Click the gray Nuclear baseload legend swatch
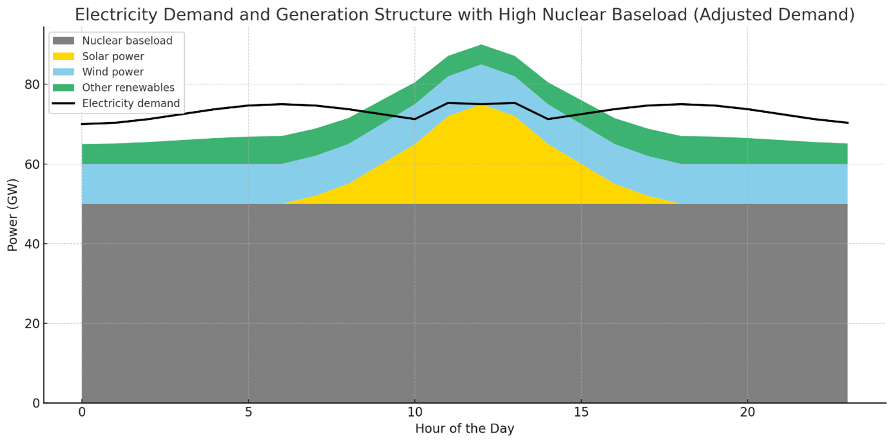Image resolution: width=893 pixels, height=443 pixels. coord(63,41)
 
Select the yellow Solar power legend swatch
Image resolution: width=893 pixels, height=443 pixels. coord(63,57)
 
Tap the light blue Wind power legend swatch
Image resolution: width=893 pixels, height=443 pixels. coord(63,72)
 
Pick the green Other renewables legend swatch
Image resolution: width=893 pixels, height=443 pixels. coord(63,88)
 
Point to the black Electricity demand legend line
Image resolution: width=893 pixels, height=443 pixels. coord(63,103)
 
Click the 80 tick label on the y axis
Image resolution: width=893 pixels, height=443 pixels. coord(32,84)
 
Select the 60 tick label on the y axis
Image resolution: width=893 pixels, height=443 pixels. coord(32,164)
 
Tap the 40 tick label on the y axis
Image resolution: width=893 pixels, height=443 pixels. coord(32,244)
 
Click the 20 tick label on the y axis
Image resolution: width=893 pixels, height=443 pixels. coord(32,324)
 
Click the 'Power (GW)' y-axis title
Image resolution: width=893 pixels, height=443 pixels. coord(13,215)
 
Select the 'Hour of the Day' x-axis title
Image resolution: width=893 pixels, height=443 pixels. coord(465,429)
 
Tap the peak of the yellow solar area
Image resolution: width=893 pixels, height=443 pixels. coord(481,105)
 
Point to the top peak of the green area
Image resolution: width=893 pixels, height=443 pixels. coord(481,45)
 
